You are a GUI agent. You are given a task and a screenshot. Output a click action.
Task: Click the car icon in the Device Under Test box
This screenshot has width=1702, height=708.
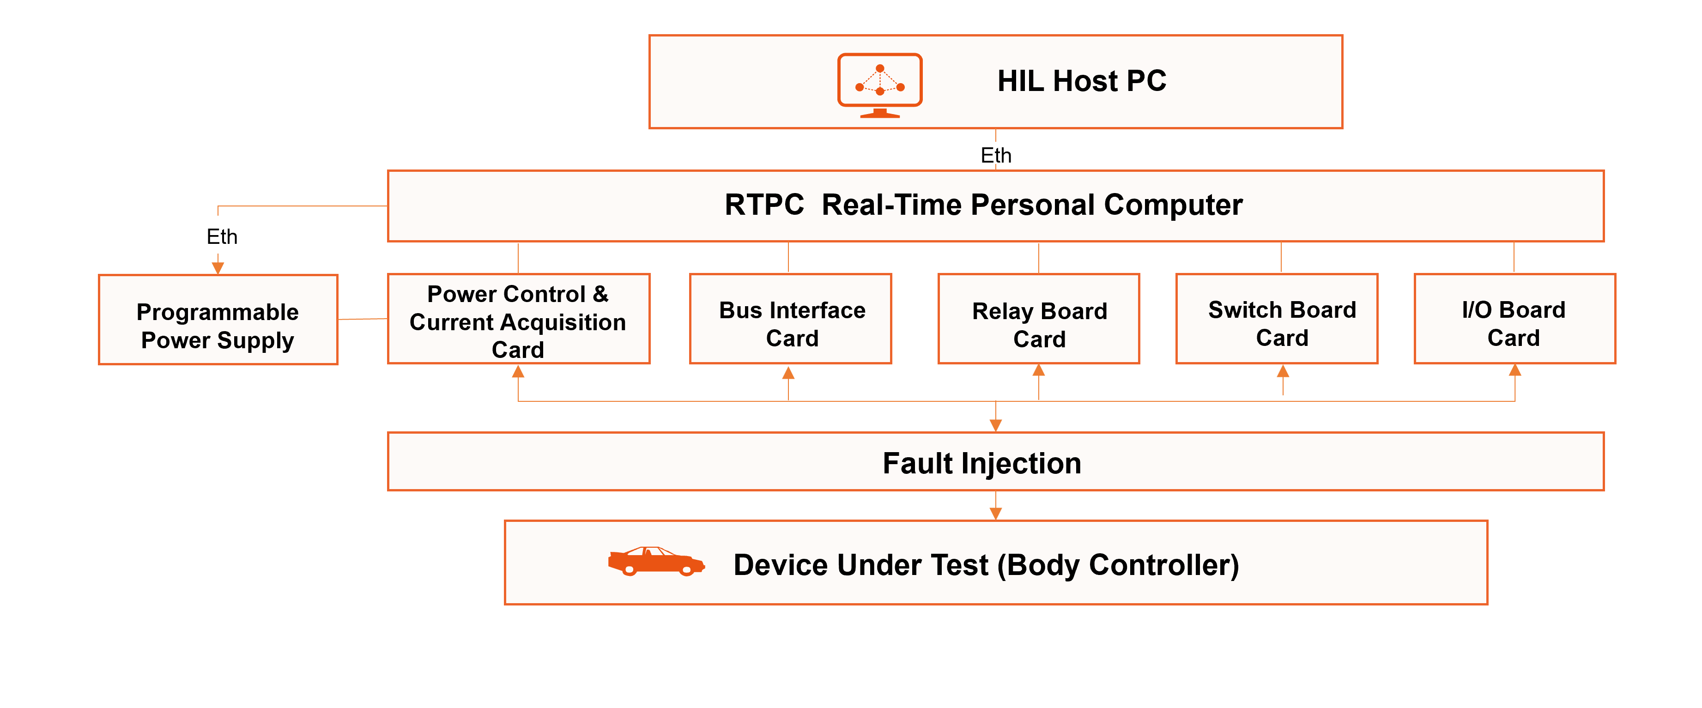[655, 562]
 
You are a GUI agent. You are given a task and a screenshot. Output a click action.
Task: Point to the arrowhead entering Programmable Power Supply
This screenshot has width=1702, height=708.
[218, 267]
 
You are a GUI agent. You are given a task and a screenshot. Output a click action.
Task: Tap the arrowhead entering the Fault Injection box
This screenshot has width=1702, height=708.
[996, 425]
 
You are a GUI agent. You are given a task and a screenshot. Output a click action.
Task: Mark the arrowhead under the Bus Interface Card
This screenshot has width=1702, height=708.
[788, 373]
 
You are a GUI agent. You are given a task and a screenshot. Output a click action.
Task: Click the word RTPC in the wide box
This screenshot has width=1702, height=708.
[764, 205]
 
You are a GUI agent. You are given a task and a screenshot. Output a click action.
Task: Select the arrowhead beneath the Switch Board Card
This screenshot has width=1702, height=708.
[1283, 371]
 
